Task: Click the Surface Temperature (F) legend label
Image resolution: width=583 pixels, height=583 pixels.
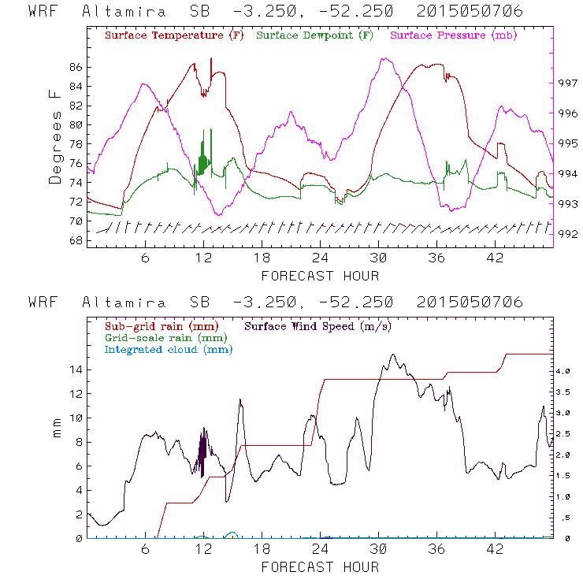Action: [174, 35]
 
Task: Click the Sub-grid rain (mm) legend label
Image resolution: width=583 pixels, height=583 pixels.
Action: [161, 325]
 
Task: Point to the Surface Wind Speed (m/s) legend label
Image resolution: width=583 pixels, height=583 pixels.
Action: [319, 325]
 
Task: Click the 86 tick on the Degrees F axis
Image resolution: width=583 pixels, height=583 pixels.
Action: [76, 68]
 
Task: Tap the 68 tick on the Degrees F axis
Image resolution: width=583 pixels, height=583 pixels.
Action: [76, 240]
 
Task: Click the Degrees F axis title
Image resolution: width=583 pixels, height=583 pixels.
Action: [55, 136]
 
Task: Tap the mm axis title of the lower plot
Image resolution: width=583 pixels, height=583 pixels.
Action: [58, 431]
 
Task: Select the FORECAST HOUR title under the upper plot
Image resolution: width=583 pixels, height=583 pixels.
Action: [320, 276]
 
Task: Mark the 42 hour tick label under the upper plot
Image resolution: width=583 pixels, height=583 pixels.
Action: [496, 258]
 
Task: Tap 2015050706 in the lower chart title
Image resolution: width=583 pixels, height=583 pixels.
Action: [471, 303]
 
